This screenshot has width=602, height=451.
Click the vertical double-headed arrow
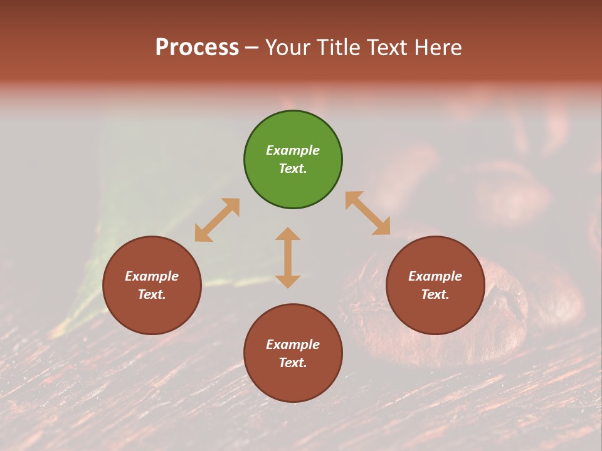click(288, 257)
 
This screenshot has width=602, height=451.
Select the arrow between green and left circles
click(217, 220)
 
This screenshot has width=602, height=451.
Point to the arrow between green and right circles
click(367, 213)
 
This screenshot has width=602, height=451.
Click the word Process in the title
click(197, 48)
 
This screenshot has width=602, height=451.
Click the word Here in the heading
click(439, 48)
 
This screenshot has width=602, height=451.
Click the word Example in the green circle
click(293, 150)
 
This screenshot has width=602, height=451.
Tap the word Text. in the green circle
click(293, 168)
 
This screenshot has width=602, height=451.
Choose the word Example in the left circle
click(152, 276)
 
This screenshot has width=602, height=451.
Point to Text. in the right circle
click(435, 294)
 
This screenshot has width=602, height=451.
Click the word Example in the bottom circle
click(293, 345)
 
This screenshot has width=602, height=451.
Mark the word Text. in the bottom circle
click(293, 363)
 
